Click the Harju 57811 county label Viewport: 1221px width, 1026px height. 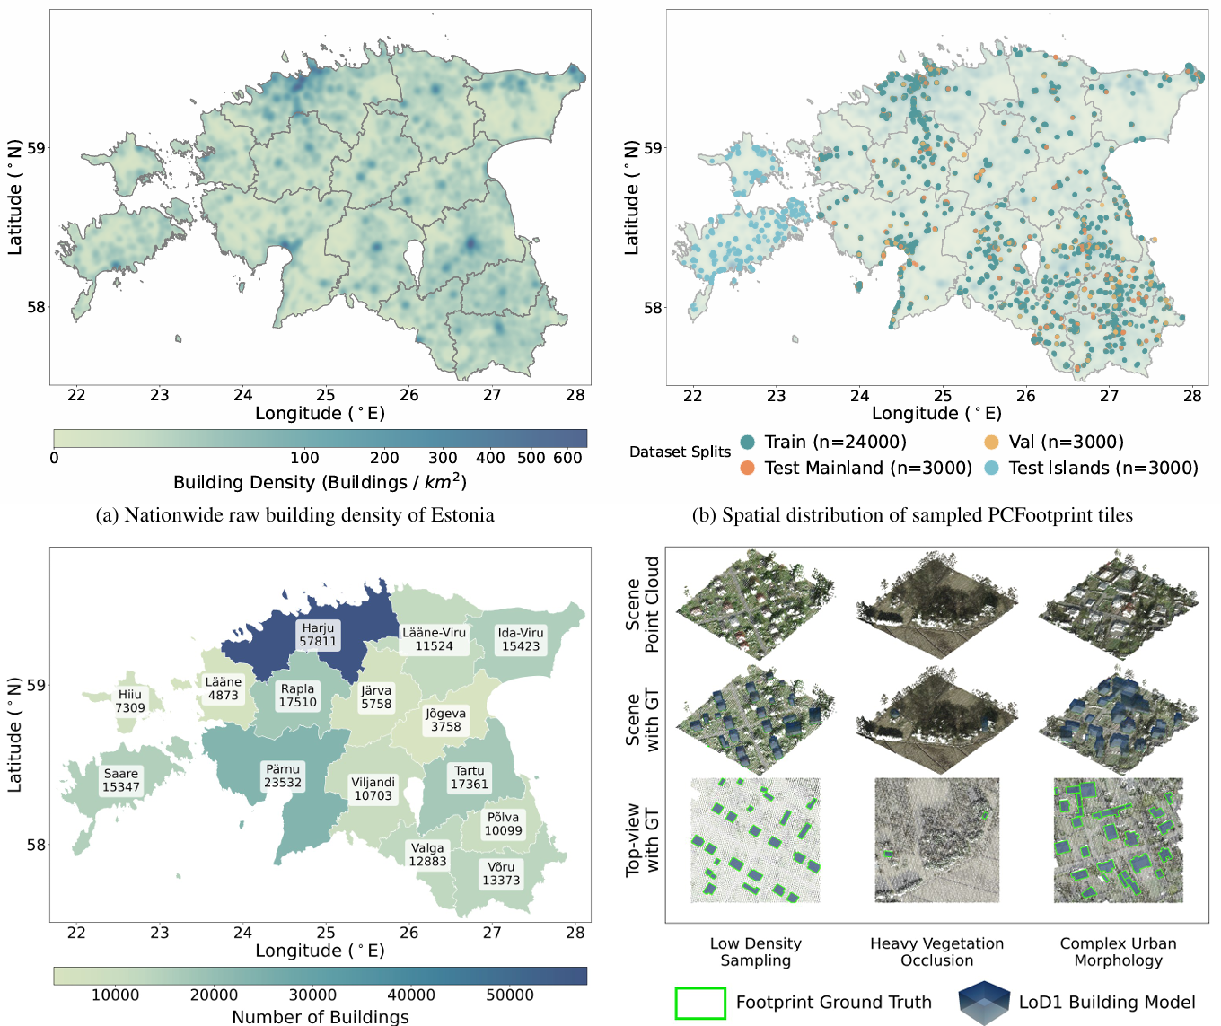pyautogui.click(x=318, y=635)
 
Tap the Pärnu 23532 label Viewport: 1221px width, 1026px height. pyautogui.click(x=283, y=776)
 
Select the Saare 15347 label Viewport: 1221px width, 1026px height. pyautogui.click(x=121, y=780)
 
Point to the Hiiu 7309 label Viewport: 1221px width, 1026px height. pyautogui.click(x=130, y=701)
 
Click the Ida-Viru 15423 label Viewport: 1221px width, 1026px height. pyautogui.click(x=521, y=639)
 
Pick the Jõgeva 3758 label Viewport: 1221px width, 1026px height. pyautogui.click(x=445, y=720)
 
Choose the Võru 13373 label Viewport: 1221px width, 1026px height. pyautogui.click(x=501, y=873)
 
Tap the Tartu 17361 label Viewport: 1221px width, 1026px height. pyautogui.click(x=469, y=777)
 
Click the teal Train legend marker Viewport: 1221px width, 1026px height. pyautogui.click(x=747, y=442)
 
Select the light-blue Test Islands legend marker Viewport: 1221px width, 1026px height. pyautogui.click(x=991, y=468)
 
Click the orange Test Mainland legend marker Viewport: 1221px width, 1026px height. pyautogui.click(x=747, y=468)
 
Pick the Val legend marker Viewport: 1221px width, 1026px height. pyautogui.click(x=991, y=442)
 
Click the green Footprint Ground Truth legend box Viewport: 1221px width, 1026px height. pyautogui.click(x=700, y=1004)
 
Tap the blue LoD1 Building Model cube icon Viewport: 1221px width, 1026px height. pyautogui.click(x=985, y=1002)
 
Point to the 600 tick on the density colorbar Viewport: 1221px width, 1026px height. pyautogui.click(x=567, y=458)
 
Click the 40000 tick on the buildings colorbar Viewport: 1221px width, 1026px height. pyautogui.click(x=411, y=995)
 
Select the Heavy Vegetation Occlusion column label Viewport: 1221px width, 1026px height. pyautogui.click(x=936, y=951)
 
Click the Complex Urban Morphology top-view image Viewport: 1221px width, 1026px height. pyautogui.click(x=1118, y=840)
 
